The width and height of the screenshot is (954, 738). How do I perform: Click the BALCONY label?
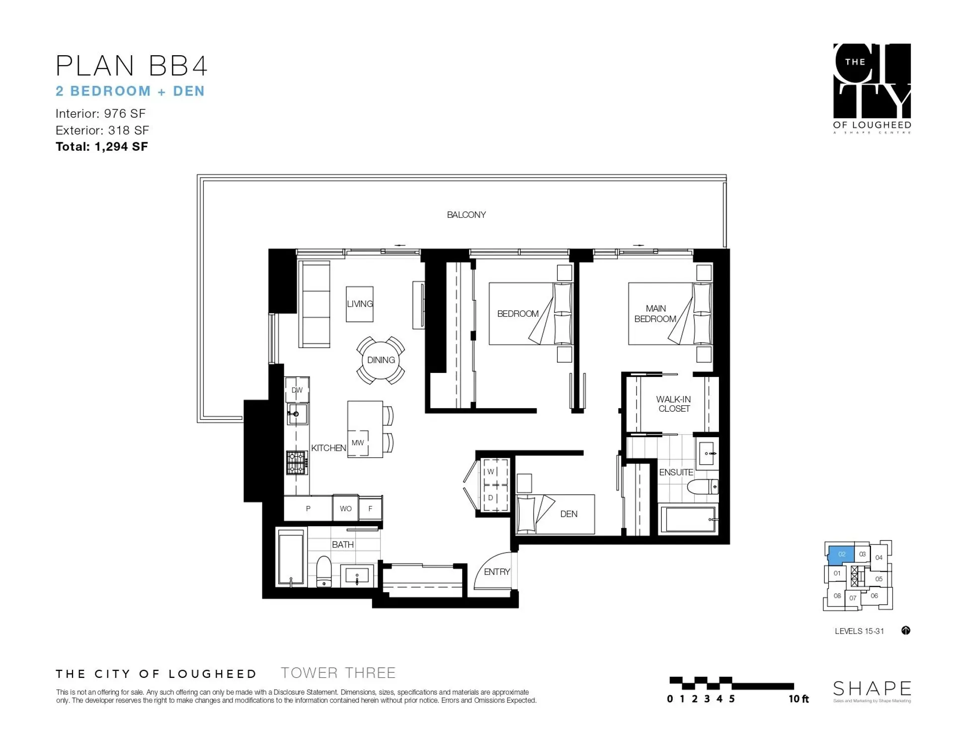pos(466,215)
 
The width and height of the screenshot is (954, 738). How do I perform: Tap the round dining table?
pos(381,360)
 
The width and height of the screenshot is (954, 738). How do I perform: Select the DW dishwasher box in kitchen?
pos(297,390)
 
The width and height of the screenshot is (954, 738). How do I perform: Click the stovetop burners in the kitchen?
pos(297,462)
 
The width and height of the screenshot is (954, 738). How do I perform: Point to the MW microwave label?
pos(358,443)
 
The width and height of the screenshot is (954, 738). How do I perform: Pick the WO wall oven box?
pos(346,508)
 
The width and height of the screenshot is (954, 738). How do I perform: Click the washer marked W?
pos(491,471)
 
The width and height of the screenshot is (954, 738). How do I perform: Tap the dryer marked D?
pos(491,498)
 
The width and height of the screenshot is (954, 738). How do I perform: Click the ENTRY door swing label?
pos(497,572)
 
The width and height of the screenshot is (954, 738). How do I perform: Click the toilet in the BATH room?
pos(323,572)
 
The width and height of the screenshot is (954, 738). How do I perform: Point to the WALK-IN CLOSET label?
pos(673,404)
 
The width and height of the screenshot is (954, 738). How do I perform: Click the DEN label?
pos(569,514)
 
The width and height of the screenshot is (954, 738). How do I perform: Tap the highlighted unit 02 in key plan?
pos(841,554)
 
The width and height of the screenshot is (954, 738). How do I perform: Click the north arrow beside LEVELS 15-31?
pos(906,631)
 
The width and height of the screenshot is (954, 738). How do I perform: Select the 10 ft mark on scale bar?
pos(798,699)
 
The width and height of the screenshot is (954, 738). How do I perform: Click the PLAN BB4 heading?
pos(131,66)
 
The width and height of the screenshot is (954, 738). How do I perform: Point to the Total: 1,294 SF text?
pos(102,147)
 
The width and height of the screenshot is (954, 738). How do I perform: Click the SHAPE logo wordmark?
pos(872,689)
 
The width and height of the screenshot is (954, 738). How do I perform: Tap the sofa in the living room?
pos(314,304)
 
